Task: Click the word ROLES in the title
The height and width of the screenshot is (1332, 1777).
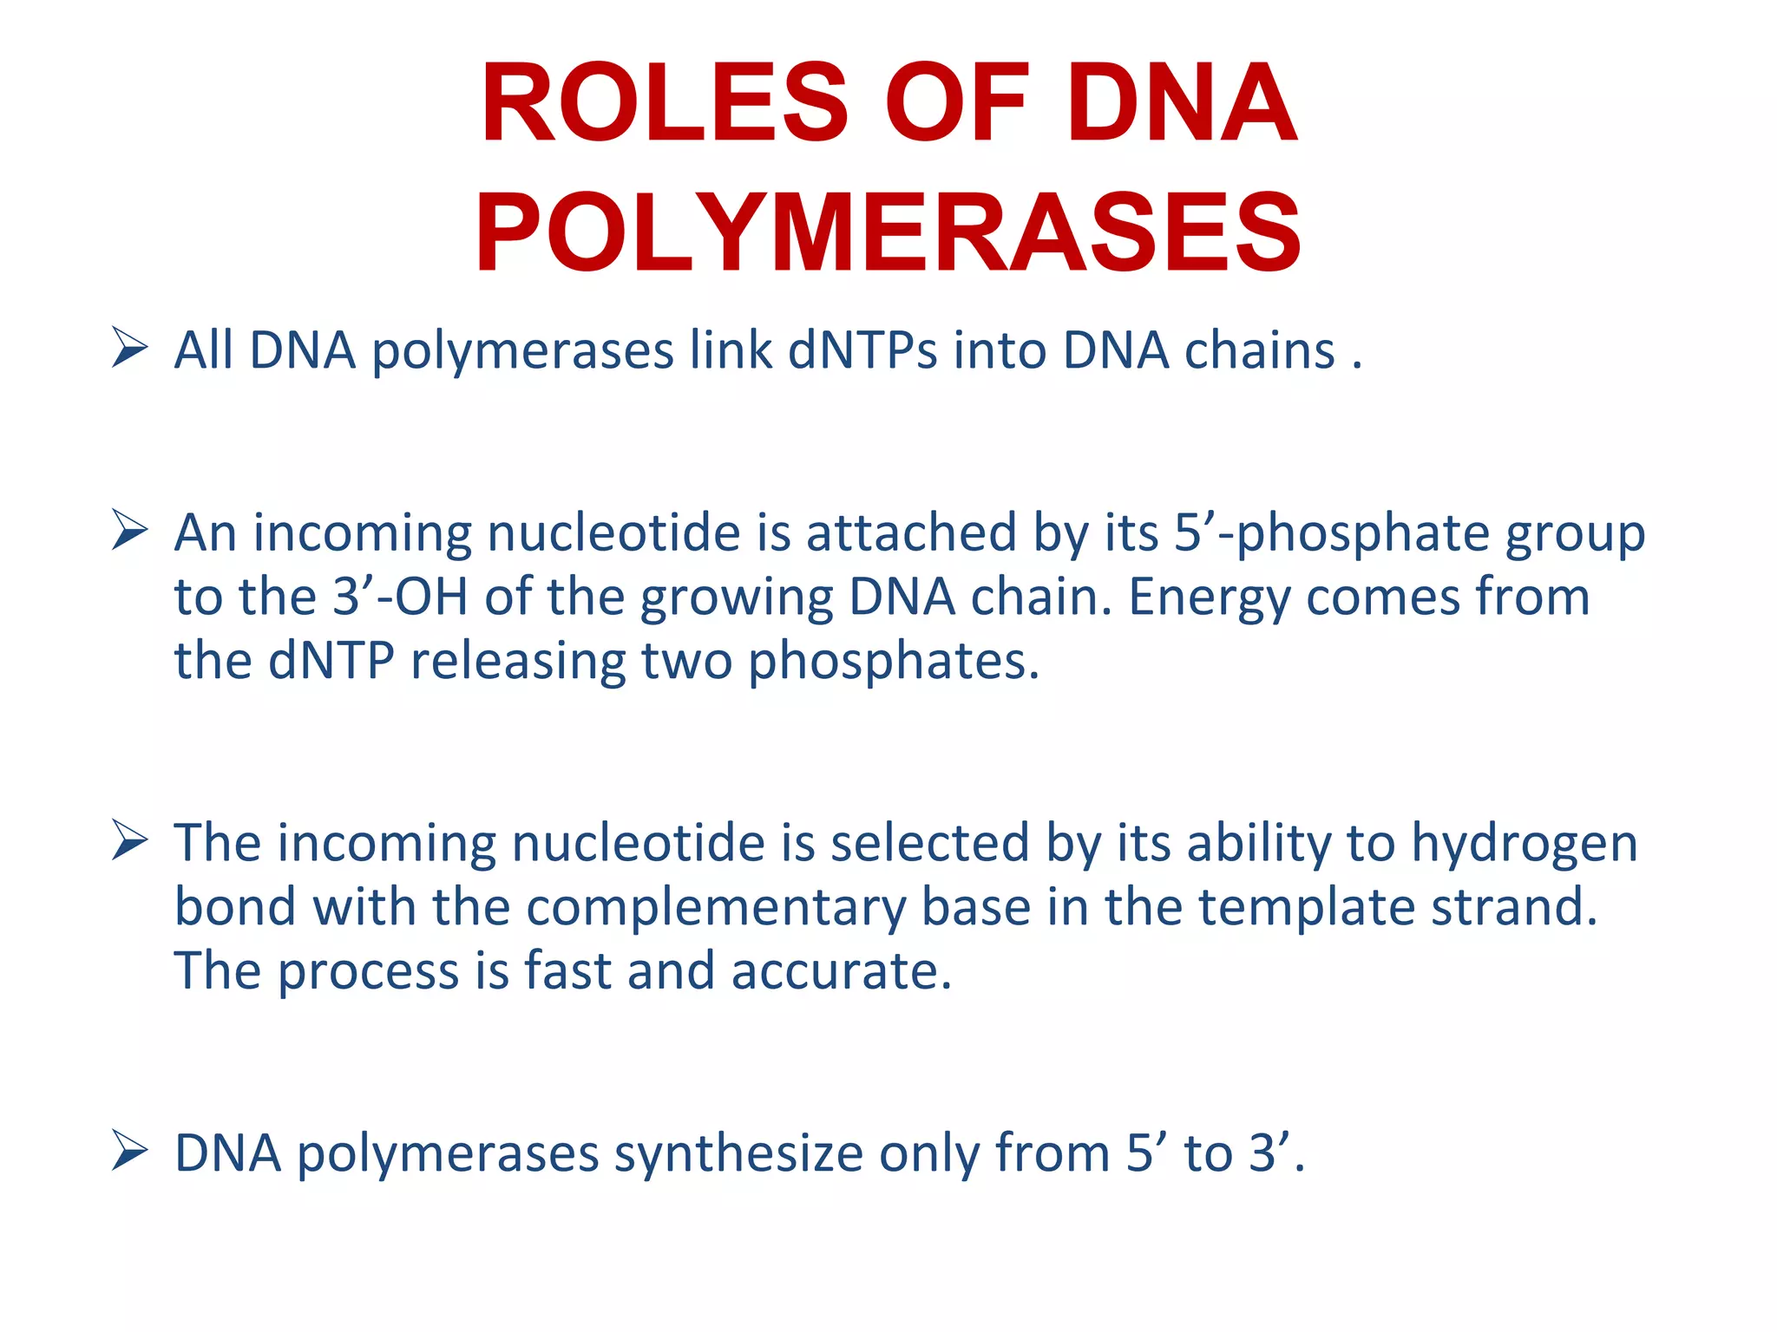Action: click(665, 104)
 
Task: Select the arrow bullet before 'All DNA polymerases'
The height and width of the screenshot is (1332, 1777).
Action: click(129, 349)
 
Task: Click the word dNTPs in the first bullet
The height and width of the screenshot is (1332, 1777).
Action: click(862, 351)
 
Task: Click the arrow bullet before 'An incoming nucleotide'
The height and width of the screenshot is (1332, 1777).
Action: click(129, 531)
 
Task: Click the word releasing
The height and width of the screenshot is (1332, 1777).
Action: click(517, 662)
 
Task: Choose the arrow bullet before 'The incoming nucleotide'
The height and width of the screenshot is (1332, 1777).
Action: click(129, 841)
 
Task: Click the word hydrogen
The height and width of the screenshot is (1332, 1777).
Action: click(1525, 843)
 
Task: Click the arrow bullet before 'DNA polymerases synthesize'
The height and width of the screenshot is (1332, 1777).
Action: click(129, 1152)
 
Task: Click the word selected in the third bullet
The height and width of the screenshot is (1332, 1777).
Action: click(929, 843)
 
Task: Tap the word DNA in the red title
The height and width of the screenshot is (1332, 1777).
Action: click(1182, 104)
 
